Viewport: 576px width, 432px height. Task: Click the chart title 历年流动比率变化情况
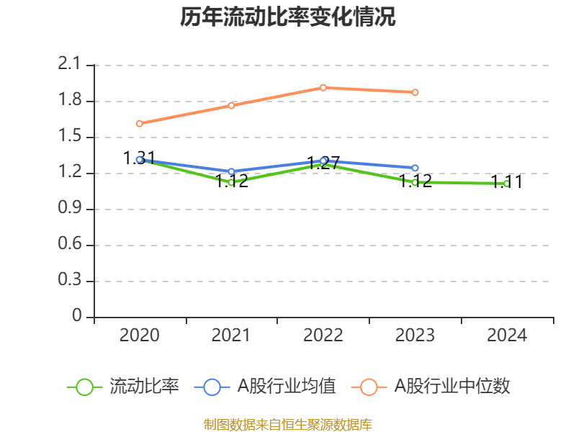coord(288,17)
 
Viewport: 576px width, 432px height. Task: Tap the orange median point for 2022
coord(323,88)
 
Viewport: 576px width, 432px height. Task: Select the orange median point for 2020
coord(139,124)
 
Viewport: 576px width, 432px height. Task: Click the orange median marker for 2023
coord(415,92)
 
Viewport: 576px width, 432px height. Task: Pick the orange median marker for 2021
coord(231,106)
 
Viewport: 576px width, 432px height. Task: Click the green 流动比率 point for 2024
coord(507,184)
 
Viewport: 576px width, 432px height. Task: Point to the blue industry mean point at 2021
coord(231,172)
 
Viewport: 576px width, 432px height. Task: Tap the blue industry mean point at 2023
coord(415,168)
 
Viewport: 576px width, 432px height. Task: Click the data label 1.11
coord(507,182)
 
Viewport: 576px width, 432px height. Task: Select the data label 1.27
coord(323,163)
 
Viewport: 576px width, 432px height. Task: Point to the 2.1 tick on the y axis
coord(70,65)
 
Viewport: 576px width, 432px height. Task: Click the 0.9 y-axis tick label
coord(70,209)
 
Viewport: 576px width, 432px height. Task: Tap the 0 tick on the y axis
coord(78,317)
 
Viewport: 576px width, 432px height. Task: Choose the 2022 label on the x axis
coord(323,335)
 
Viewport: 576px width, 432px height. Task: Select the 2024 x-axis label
coord(507,335)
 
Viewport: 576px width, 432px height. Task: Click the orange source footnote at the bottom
coord(288,424)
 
